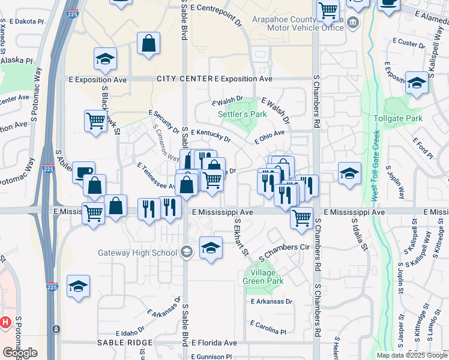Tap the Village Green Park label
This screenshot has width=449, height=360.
[x=264, y=277]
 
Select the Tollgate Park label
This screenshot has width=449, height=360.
[x=398, y=118]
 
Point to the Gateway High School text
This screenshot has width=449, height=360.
[x=137, y=251]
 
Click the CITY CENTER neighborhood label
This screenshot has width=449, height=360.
[x=184, y=79]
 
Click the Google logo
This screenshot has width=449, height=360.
[x=19, y=352]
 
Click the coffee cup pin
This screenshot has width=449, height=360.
[x=83, y=172]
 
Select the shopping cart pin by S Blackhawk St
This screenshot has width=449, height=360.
[x=95, y=121]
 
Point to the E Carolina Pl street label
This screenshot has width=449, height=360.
[x=268, y=330]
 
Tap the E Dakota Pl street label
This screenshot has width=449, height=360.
[x=22, y=21]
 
